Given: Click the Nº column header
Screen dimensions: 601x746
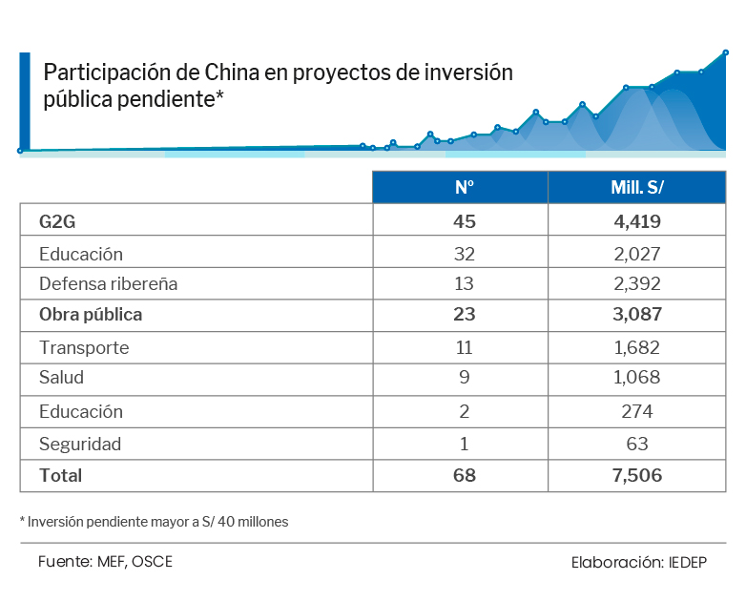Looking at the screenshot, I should click(465, 188).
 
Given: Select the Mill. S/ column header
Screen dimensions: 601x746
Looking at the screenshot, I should click(636, 188).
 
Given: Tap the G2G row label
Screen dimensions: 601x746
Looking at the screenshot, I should click(57, 221).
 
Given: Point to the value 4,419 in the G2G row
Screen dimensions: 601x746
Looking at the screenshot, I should click(636, 221).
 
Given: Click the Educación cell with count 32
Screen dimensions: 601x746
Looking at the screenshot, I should click(81, 255).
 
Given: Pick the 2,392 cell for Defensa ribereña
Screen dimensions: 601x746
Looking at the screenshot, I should click(636, 284).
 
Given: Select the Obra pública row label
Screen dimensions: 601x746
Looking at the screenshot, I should click(91, 314).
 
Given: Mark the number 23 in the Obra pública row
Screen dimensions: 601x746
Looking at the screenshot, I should click(465, 314).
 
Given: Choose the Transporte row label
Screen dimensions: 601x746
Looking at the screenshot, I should click(84, 348).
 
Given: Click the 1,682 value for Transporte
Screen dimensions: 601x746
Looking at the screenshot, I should click(636, 348).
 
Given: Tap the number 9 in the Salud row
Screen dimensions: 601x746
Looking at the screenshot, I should click(465, 378).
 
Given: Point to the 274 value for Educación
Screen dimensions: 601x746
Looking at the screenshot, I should click(636, 412).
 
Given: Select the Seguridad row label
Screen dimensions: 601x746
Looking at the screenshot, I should click(80, 445).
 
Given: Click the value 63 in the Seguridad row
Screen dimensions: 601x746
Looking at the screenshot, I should click(636, 445).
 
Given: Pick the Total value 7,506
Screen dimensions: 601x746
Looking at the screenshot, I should click(636, 475).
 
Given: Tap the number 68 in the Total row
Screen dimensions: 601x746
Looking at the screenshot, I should click(465, 475).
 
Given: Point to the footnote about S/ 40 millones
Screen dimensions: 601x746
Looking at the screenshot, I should click(154, 522).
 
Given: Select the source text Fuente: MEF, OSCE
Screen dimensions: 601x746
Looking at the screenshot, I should click(105, 561).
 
